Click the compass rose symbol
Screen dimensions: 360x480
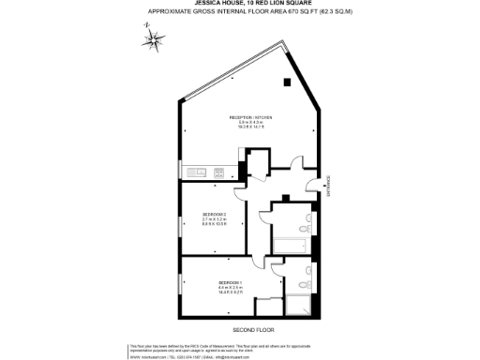(x=152, y=39)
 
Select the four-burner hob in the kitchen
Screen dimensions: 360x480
(x=219, y=172)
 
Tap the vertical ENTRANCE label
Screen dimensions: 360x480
(x=329, y=187)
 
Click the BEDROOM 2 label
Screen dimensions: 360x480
(x=215, y=215)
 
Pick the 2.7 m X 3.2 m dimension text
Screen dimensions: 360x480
(x=215, y=220)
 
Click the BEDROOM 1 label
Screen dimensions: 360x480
(x=231, y=282)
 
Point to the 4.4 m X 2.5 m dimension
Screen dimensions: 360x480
(x=231, y=288)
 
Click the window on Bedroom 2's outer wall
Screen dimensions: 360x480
(x=182, y=217)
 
